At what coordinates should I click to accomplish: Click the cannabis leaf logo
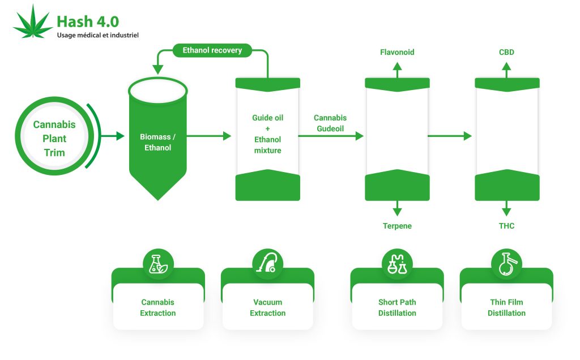pyautogui.click(x=33, y=23)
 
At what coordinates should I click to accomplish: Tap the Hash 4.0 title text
pyautogui.click(x=88, y=22)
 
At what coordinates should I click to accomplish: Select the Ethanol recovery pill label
pyautogui.click(x=212, y=50)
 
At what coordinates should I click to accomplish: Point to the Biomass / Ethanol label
pyautogui.click(x=157, y=142)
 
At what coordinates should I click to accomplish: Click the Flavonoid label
pyautogui.click(x=397, y=52)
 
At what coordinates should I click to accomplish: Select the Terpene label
pyautogui.click(x=397, y=226)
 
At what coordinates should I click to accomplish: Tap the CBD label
pyautogui.click(x=506, y=52)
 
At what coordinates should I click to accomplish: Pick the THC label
pyautogui.click(x=506, y=226)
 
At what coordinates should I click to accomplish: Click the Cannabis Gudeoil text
pyautogui.click(x=330, y=123)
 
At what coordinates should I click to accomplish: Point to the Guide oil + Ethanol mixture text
pyautogui.click(x=267, y=134)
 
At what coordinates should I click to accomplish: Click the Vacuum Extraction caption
pyautogui.click(x=267, y=307)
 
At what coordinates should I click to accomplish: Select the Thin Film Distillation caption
pyautogui.click(x=506, y=307)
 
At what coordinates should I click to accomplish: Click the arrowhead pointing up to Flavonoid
pyautogui.click(x=397, y=66)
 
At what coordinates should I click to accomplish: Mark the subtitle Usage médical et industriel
pyautogui.click(x=97, y=36)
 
